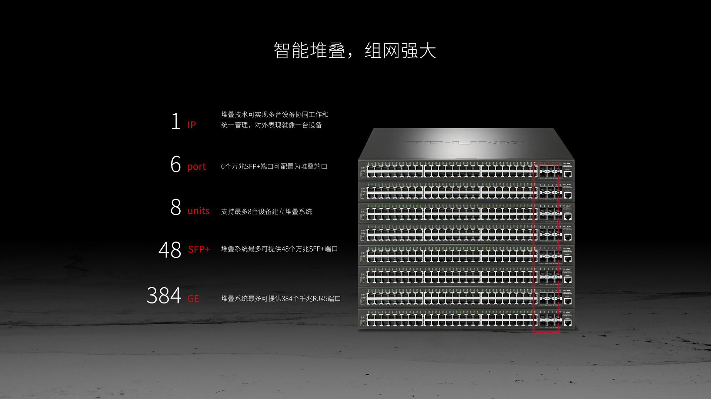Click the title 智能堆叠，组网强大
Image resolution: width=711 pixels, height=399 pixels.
pos(355,50)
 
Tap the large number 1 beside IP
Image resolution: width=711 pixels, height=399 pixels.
pos(176,121)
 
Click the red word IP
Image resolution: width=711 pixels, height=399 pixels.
pos(191,125)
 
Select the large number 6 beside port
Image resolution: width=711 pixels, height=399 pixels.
pos(176,164)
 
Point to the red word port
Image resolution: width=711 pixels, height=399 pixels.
pos(196,167)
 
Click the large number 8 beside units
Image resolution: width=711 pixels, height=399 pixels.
pos(176,207)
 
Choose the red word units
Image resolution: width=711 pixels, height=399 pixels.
pos(198,211)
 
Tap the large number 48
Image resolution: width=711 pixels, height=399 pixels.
pos(170,250)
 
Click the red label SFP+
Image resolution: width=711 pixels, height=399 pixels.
pos(199,249)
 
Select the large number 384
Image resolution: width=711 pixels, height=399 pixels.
pos(164,296)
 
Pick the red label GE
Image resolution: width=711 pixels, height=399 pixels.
pos(193,299)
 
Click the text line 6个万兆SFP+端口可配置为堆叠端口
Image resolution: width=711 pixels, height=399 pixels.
pos(274,167)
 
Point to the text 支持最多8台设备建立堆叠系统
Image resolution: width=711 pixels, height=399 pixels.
pos(266,212)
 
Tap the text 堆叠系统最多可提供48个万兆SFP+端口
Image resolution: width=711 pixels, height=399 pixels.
pos(279,249)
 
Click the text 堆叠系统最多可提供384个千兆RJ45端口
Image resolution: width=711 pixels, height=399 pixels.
pos(281,299)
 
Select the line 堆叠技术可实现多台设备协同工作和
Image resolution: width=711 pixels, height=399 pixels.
pos(275,114)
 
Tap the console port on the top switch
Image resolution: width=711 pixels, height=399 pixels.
pos(567,174)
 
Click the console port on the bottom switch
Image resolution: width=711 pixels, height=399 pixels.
pos(567,323)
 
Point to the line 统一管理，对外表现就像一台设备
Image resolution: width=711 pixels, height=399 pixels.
pos(271,125)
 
